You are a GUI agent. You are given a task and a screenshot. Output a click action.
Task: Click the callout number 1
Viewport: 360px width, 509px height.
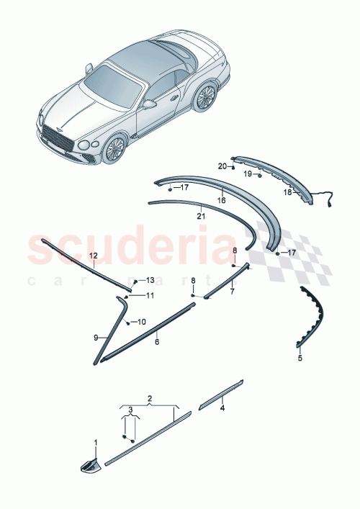pos(94,441)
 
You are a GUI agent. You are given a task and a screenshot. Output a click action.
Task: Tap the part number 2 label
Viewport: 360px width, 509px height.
pos(150,397)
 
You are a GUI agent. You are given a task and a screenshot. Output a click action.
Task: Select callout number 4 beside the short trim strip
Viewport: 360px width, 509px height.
pos(222,408)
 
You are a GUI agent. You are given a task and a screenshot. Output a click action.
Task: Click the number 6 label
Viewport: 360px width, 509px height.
pos(157,343)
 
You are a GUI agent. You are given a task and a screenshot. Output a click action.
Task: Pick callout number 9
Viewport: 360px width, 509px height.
pos(95,336)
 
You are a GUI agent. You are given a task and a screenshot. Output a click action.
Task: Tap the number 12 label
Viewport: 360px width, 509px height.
pos(92,256)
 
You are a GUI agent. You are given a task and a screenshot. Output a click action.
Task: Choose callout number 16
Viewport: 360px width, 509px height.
pos(222,200)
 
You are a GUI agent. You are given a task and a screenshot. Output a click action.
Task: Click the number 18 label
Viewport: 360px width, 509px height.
pos(287,193)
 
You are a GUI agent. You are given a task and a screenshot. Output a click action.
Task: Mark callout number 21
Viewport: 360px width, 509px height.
pos(201,215)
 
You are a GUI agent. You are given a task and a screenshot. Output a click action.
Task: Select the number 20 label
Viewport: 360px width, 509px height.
pos(222,166)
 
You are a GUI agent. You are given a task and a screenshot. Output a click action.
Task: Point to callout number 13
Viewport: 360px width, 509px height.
pos(150,279)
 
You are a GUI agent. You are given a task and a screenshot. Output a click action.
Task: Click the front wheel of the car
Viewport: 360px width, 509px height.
pos(114,148)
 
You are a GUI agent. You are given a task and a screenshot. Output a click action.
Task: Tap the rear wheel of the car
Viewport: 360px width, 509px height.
pos(205,96)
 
